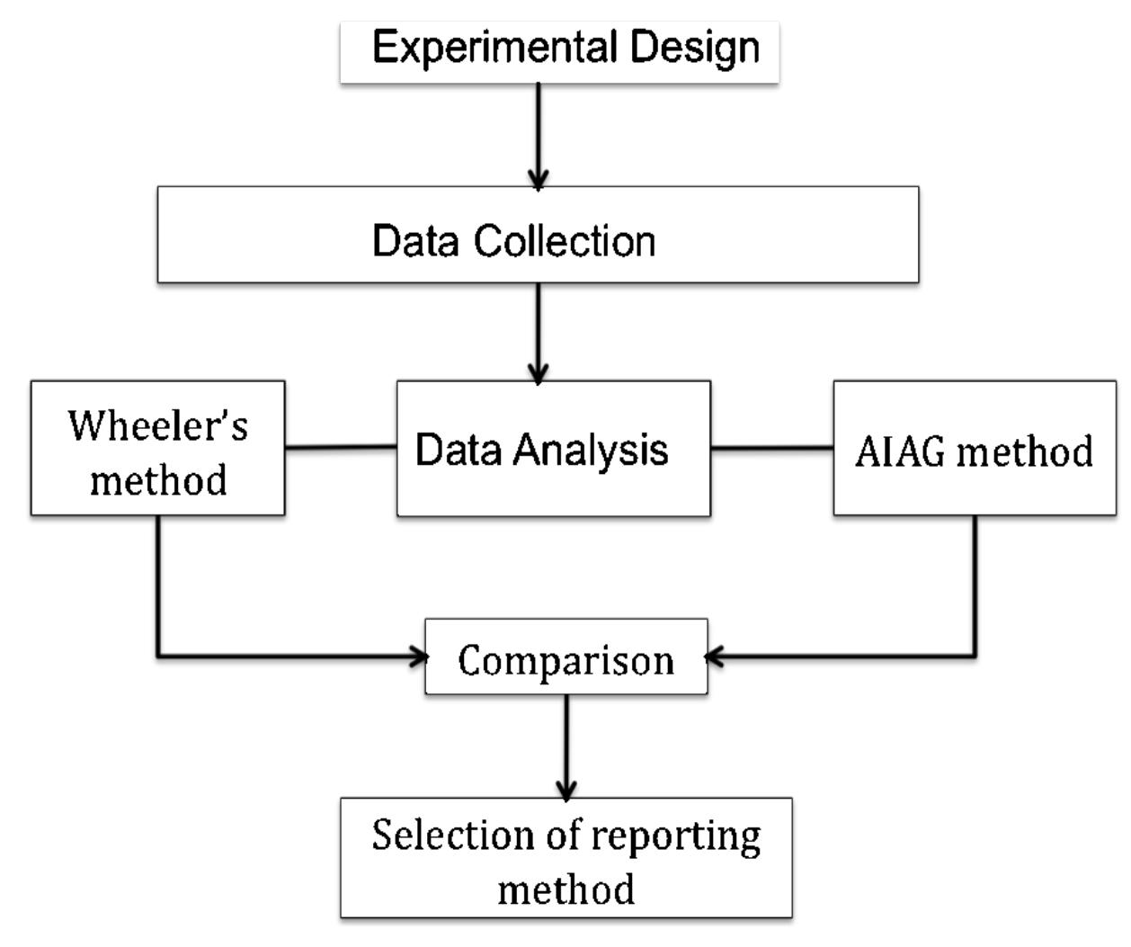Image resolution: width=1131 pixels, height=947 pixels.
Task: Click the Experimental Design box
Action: tap(559, 52)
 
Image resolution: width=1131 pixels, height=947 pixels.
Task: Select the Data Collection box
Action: tap(538, 236)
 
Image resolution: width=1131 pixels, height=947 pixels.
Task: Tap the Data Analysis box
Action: tap(553, 448)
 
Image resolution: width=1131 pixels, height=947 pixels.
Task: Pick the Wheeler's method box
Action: tap(158, 448)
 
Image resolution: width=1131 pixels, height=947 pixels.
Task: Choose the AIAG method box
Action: tap(975, 448)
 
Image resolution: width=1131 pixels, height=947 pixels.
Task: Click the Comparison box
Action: tap(565, 657)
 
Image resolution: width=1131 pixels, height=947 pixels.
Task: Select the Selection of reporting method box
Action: tap(565, 857)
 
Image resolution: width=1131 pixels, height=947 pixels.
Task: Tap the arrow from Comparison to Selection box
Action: tap(565, 745)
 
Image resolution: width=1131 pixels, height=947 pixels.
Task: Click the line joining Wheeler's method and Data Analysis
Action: tap(341, 447)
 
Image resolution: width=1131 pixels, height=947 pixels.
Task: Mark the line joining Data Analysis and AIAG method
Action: tap(771, 447)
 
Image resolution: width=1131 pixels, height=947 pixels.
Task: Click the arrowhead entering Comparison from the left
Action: tap(418, 657)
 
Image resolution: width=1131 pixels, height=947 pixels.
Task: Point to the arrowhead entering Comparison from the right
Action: tap(715, 657)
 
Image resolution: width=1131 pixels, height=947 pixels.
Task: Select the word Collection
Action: tap(565, 241)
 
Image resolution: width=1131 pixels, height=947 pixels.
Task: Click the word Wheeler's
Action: tap(158, 424)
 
